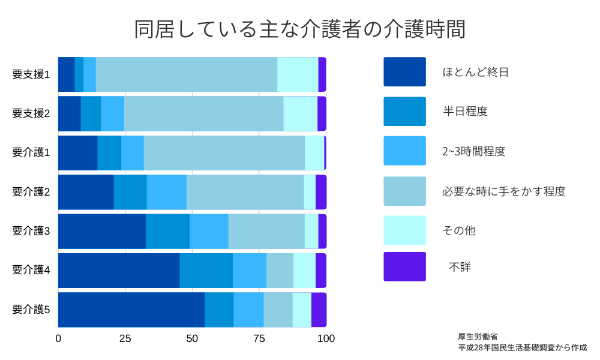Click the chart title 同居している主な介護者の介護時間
(x=299, y=29)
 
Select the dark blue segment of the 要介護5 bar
(x=131, y=310)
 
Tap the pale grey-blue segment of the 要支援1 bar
(x=186, y=74)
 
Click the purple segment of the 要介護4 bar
(x=321, y=271)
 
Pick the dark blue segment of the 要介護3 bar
(x=102, y=231)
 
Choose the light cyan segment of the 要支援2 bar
(x=300, y=113)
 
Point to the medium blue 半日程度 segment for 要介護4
(x=206, y=271)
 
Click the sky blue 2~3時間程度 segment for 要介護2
(x=166, y=192)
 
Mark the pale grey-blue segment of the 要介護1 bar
(x=224, y=153)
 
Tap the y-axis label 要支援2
(x=31, y=113)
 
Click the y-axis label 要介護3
(x=31, y=231)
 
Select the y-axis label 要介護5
(x=31, y=310)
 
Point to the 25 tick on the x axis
(x=125, y=338)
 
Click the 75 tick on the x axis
(x=259, y=338)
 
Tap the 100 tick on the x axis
(x=326, y=338)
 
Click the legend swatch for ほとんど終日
(x=404, y=72)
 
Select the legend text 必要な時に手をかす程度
(x=504, y=191)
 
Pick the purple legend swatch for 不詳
(x=404, y=266)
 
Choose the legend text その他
(x=459, y=230)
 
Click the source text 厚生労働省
(x=478, y=337)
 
